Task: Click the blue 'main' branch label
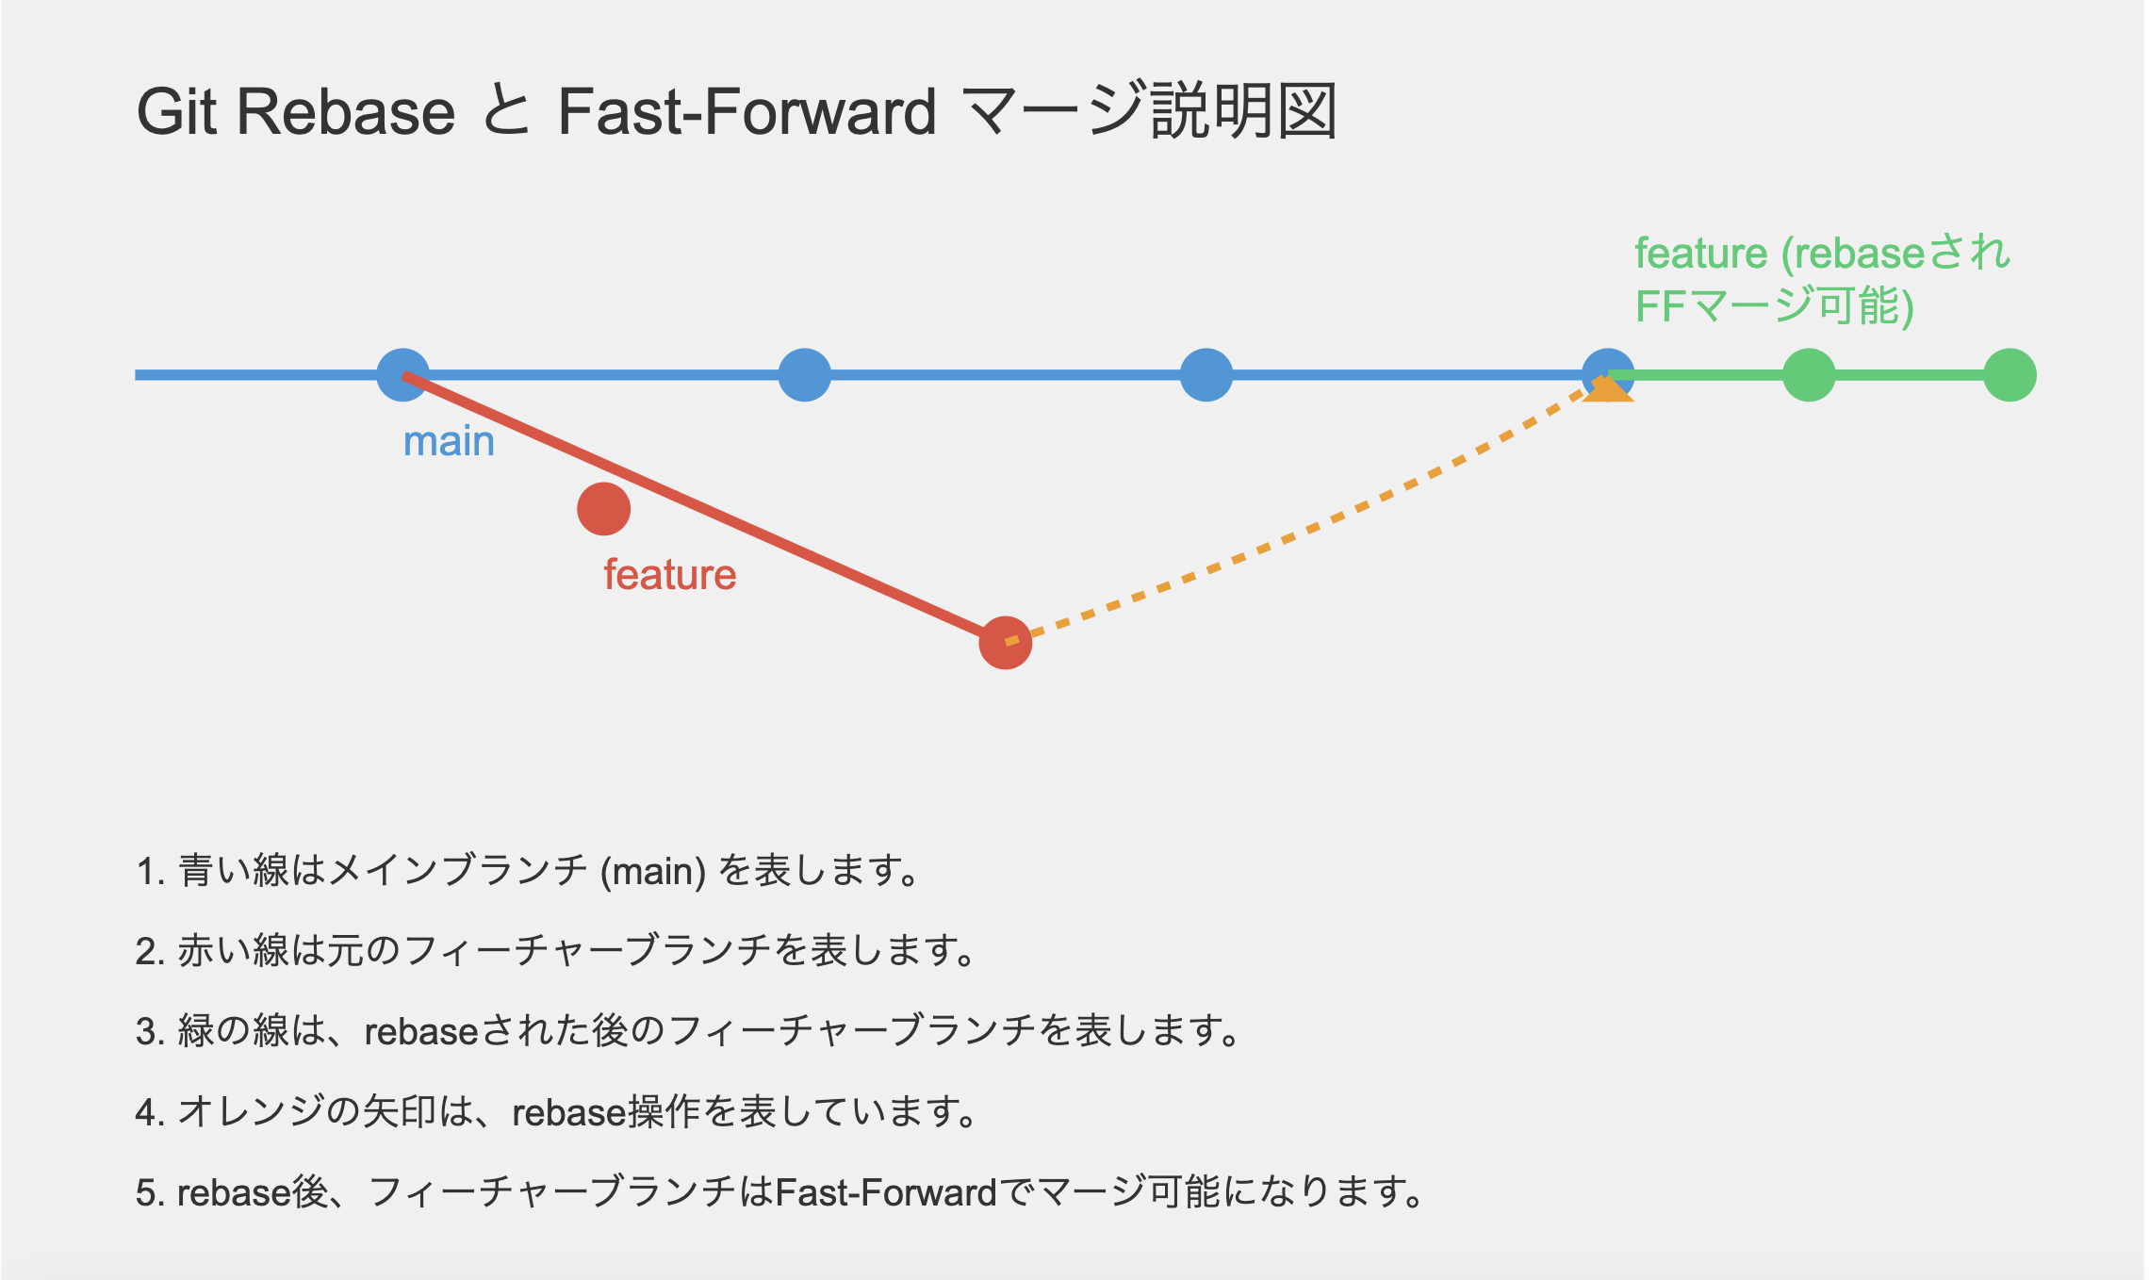point(449,441)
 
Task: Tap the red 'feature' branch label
point(669,575)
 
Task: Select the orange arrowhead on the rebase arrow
point(1607,388)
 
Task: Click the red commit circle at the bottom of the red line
point(1005,643)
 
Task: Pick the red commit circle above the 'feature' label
point(603,509)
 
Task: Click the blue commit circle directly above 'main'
point(402,375)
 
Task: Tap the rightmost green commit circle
point(2010,375)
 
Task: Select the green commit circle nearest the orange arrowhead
point(1809,375)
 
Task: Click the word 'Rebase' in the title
point(346,112)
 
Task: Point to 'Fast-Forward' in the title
point(746,112)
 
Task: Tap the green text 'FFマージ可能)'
point(1774,306)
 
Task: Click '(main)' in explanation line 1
point(653,871)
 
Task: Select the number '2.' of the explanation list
point(151,951)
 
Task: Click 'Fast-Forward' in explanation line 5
point(886,1193)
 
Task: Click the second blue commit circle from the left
point(804,375)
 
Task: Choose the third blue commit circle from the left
point(1206,375)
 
